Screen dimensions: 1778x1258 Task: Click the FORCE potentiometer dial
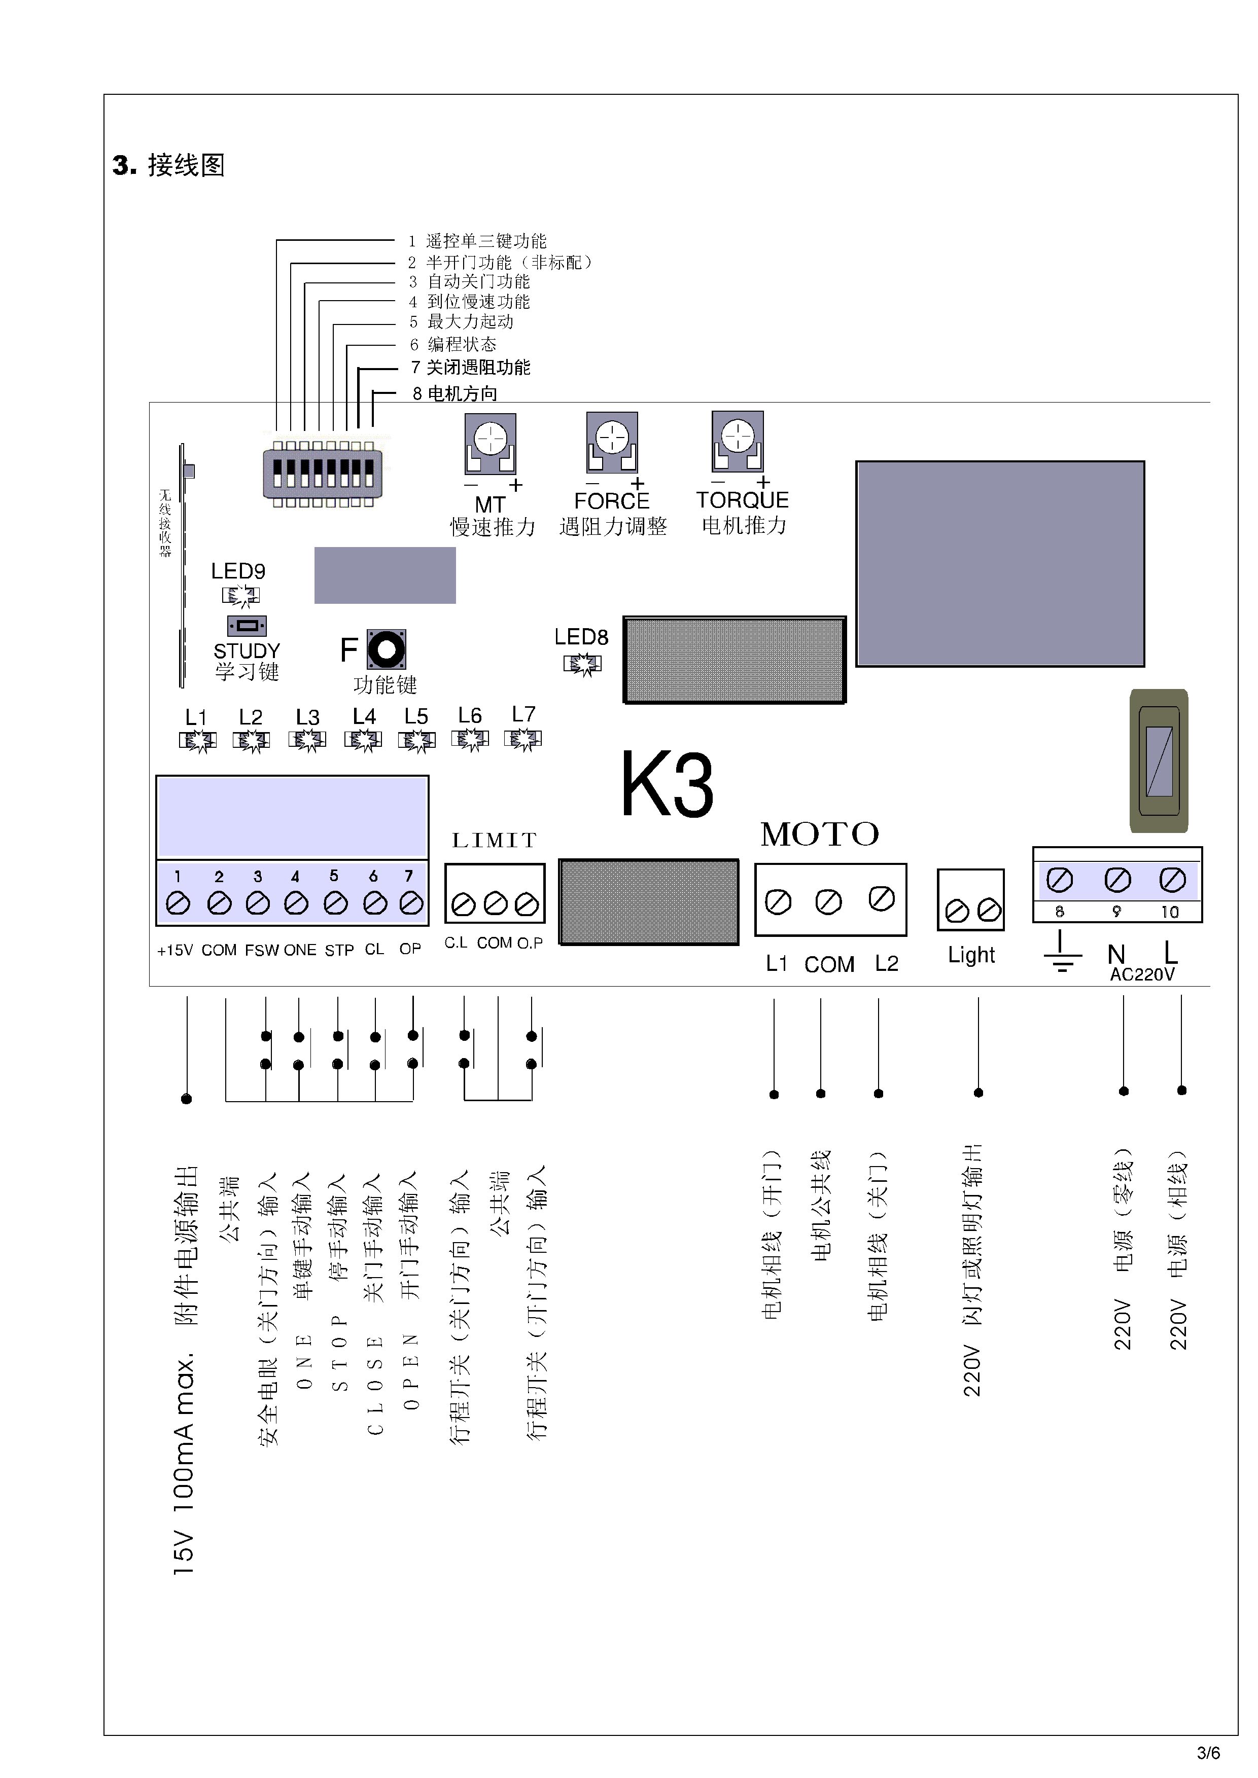coord(612,437)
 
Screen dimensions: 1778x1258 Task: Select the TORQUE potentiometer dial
coord(738,436)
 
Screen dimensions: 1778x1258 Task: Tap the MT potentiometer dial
coord(491,439)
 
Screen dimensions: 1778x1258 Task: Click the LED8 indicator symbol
coord(582,664)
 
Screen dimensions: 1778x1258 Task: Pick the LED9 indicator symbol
coord(241,596)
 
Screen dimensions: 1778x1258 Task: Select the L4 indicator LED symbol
coord(363,741)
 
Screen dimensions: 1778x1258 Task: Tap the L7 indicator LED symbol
coord(523,740)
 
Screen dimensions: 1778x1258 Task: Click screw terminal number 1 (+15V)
coord(178,903)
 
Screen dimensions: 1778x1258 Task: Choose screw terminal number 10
coord(1172,880)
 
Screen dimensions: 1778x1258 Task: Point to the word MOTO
coord(820,834)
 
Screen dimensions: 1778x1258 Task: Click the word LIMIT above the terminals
coord(494,840)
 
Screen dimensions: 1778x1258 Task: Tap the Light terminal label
coord(971,955)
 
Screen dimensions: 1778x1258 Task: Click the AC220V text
coord(1142,974)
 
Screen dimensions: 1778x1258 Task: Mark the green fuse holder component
coord(1159,760)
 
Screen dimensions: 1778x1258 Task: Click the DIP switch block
coord(322,473)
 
